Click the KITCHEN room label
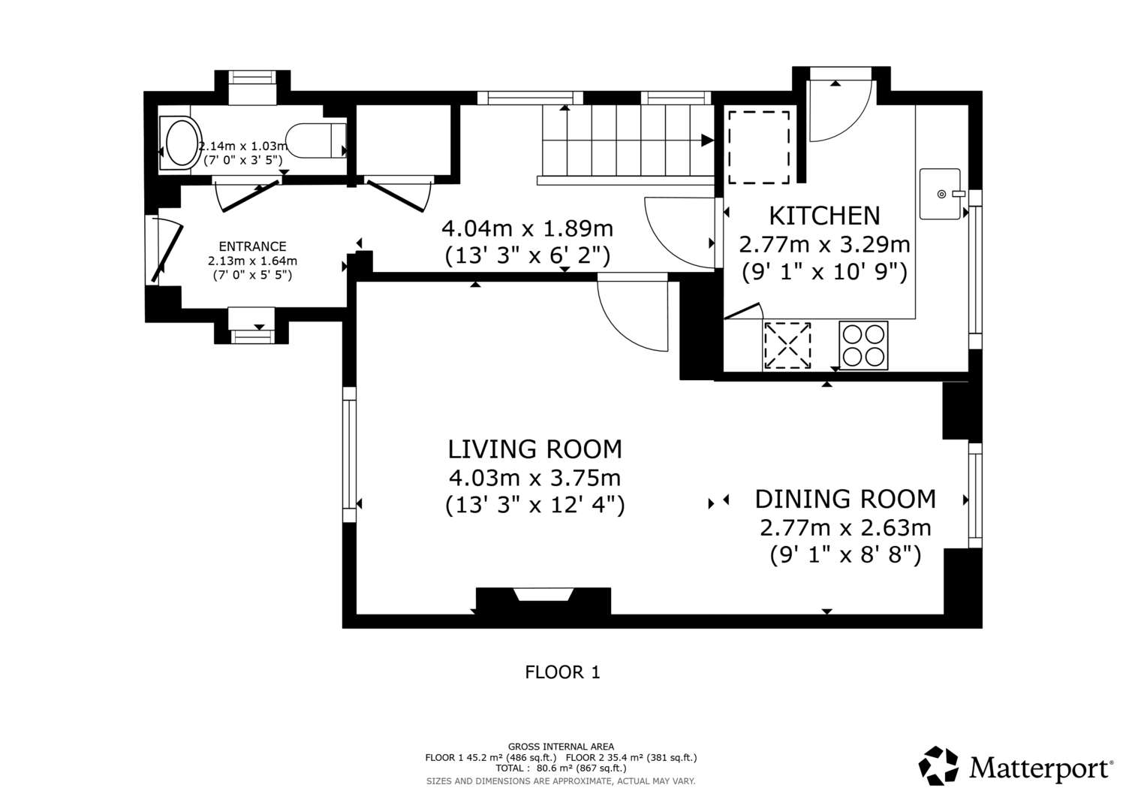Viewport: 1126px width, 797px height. tap(824, 216)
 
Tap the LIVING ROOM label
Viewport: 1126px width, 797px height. tap(534, 449)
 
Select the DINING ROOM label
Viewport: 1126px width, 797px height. tap(845, 499)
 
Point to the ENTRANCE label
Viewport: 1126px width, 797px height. tap(252, 246)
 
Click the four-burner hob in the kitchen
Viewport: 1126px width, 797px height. tap(863, 346)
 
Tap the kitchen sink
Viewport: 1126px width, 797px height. tap(940, 194)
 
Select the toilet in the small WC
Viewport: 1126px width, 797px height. tap(316, 140)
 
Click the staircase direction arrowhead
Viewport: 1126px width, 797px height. tap(707, 140)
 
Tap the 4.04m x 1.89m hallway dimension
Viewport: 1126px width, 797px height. tap(527, 229)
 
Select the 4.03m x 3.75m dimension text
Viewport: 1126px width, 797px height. tap(534, 478)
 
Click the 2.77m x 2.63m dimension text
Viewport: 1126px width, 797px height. tap(845, 528)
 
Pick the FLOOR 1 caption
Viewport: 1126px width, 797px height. tap(562, 672)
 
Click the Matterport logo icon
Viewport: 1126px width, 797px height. tap(938, 765)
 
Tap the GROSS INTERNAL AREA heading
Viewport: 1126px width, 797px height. tap(561, 747)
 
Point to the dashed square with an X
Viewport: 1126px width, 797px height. tap(787, 345)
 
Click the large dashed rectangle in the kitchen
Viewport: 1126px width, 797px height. tap(758, 147)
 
